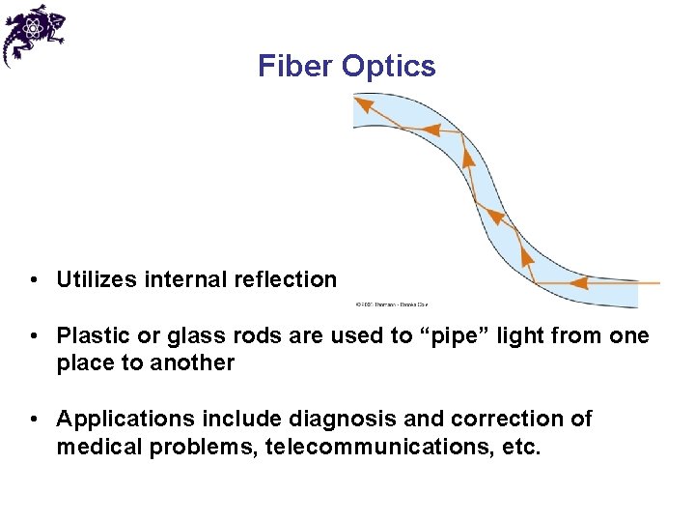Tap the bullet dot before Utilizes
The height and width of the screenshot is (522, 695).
[x=34, y=281]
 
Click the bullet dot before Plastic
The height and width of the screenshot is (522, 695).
[x=34, y=337]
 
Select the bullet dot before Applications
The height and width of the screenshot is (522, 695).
[x=34, y=420]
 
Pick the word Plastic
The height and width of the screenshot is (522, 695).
[x=91, y=336]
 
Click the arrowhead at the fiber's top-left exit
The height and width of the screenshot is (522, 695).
[x=365, y=101]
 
